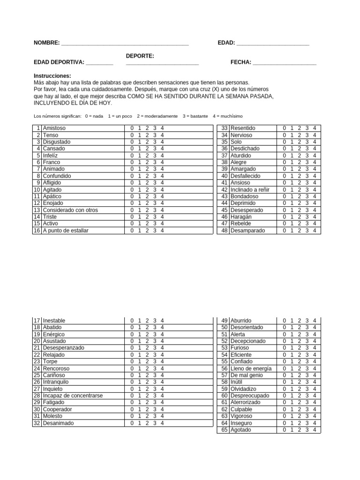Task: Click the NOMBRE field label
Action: point(46,43)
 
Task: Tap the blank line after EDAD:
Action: point(273,44)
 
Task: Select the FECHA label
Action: point(240,62)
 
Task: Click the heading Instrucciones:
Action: point(52,75)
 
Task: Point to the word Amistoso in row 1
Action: point(54,128)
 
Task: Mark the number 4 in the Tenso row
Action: point(162,135)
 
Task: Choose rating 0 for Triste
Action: point(132,217)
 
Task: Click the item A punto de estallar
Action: point(66,231)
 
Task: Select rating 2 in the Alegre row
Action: point(300,162)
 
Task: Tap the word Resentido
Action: point(243,128)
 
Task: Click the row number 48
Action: point(224,231)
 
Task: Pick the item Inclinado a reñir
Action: point(249,190)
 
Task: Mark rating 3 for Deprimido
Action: point(307,203)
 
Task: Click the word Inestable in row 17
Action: point(54,321)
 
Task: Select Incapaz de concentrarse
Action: point(73,396)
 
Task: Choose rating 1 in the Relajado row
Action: point(140,355)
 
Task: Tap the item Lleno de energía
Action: point(251,368)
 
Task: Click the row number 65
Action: point(224,430)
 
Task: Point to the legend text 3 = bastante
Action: point(195,116)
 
